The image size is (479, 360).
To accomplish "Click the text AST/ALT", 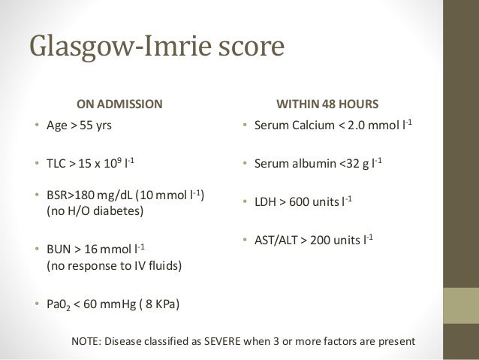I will (273, 241).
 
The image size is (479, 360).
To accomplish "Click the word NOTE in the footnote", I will (86, 343).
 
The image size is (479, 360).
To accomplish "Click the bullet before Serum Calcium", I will (243, 126).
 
